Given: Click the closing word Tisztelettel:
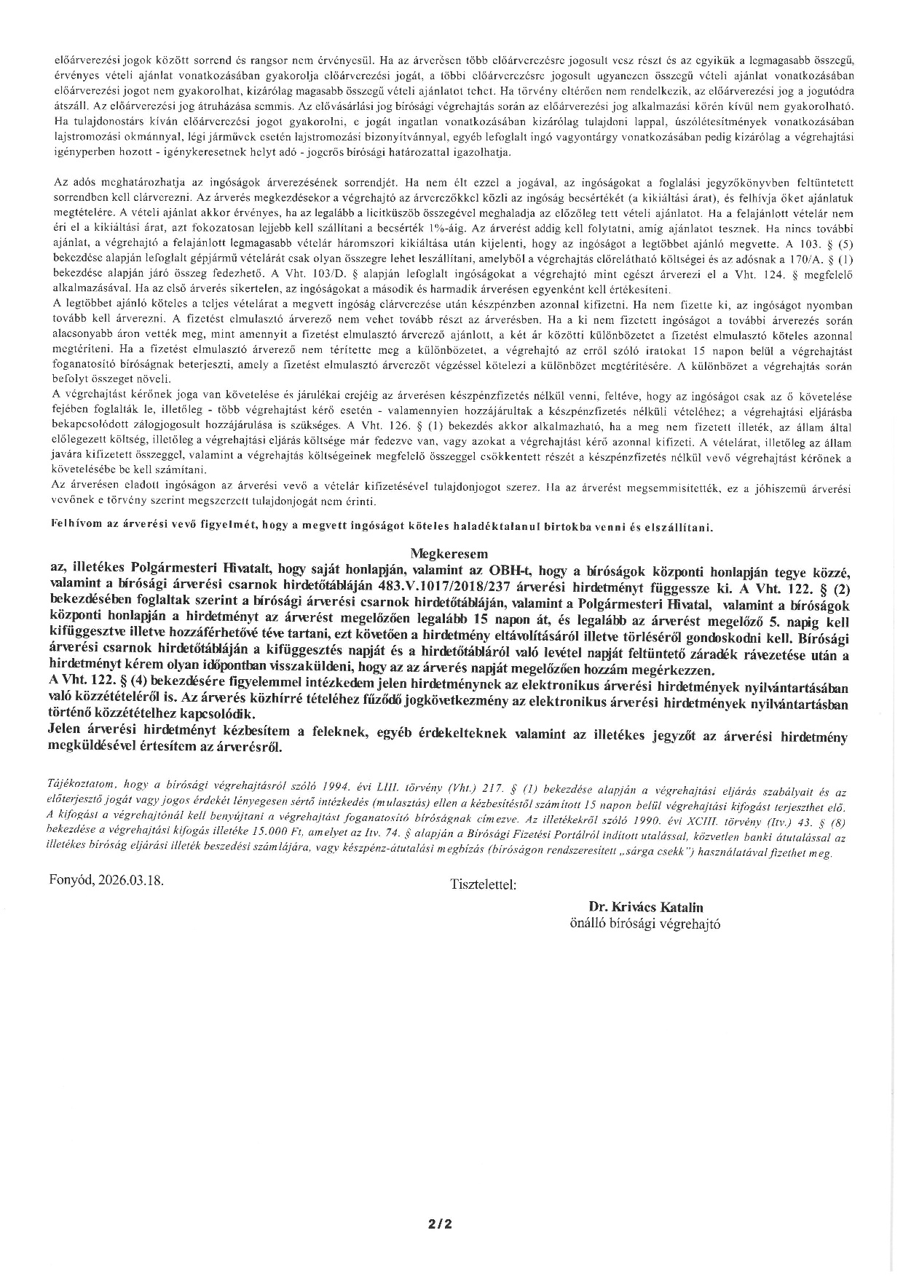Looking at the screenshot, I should pos(484,885).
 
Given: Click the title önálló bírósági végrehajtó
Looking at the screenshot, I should pos(645,923).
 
